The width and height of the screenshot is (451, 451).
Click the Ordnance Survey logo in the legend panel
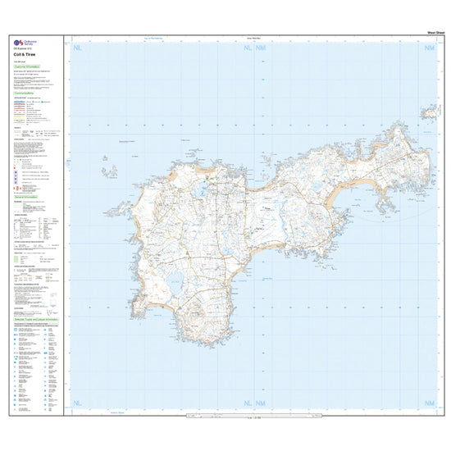click(x=20, y=44)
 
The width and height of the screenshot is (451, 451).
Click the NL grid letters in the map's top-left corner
click(x=78, y=50)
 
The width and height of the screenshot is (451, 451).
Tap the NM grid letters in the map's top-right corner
click(x=429, y=50)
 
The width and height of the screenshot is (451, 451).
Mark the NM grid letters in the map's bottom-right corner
click(x=429, y=403)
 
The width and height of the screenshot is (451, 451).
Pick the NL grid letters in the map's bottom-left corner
click(x=78, y=403)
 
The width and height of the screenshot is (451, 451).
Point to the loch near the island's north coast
click(x=199, y=194)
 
